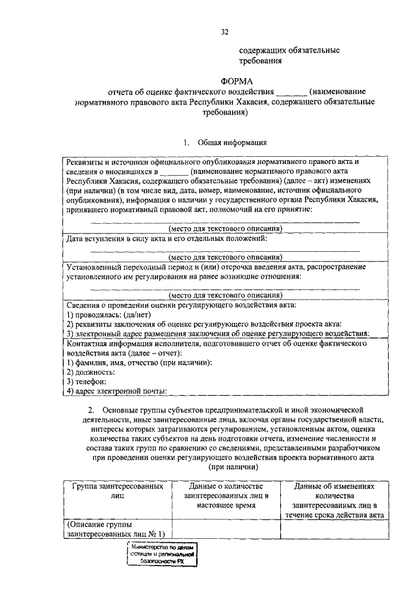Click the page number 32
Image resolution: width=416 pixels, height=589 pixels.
(224, 31)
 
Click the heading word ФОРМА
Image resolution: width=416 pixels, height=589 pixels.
(225, 81)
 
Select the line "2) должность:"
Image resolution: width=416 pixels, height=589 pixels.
(91, 372)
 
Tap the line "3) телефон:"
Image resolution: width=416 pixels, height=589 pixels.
(88, 381)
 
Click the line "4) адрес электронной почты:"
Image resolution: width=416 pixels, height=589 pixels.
(117, 390)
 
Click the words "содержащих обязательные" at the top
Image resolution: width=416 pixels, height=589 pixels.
(289, 49)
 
